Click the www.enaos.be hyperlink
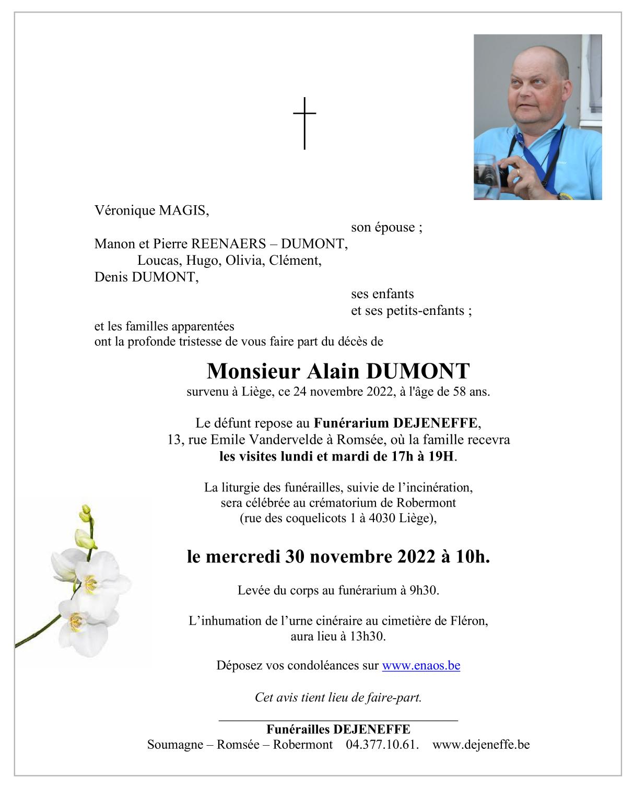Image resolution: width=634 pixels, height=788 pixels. (421, 665)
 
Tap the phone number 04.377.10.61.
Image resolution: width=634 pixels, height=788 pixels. (382, 744)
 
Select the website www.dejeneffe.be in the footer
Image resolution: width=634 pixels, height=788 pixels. (481, 744)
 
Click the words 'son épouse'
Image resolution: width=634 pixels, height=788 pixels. (383, 227)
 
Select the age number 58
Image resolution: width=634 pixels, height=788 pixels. (460, 392)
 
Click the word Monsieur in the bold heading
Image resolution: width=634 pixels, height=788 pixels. (253, 371)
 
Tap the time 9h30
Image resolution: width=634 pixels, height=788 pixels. (424, 590)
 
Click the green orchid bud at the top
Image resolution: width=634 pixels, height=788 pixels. (86, 513)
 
